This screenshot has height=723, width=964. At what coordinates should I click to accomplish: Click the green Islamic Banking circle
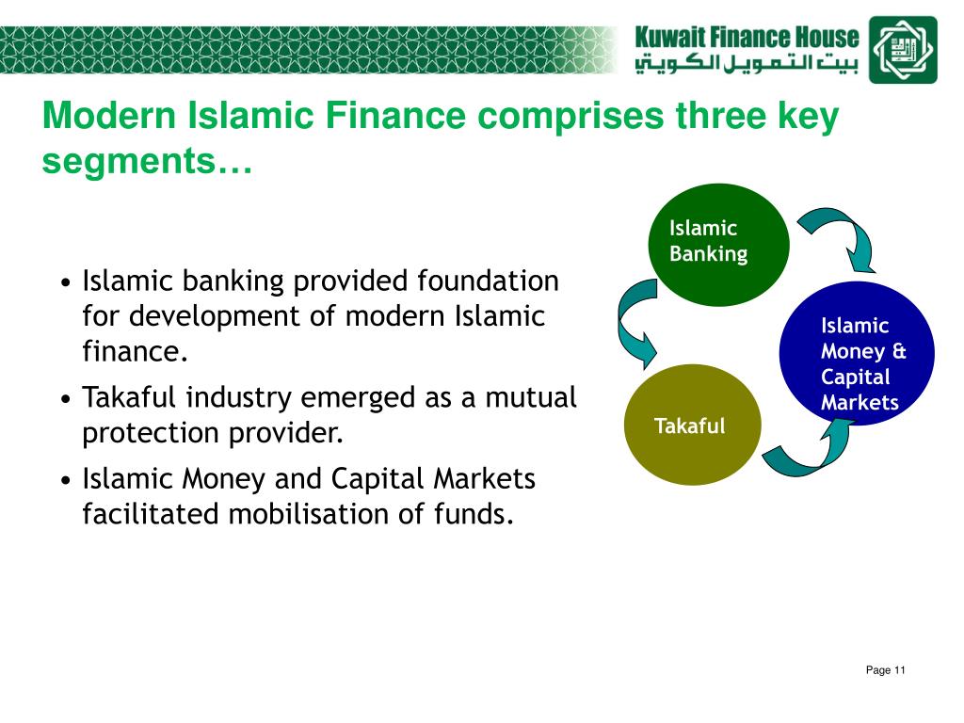[718, 245]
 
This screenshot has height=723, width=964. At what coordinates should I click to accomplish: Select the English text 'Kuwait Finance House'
[747, 38]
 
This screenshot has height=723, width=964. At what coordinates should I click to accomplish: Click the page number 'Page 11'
[885, 670]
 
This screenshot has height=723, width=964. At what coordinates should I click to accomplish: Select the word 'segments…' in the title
[148, 162]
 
